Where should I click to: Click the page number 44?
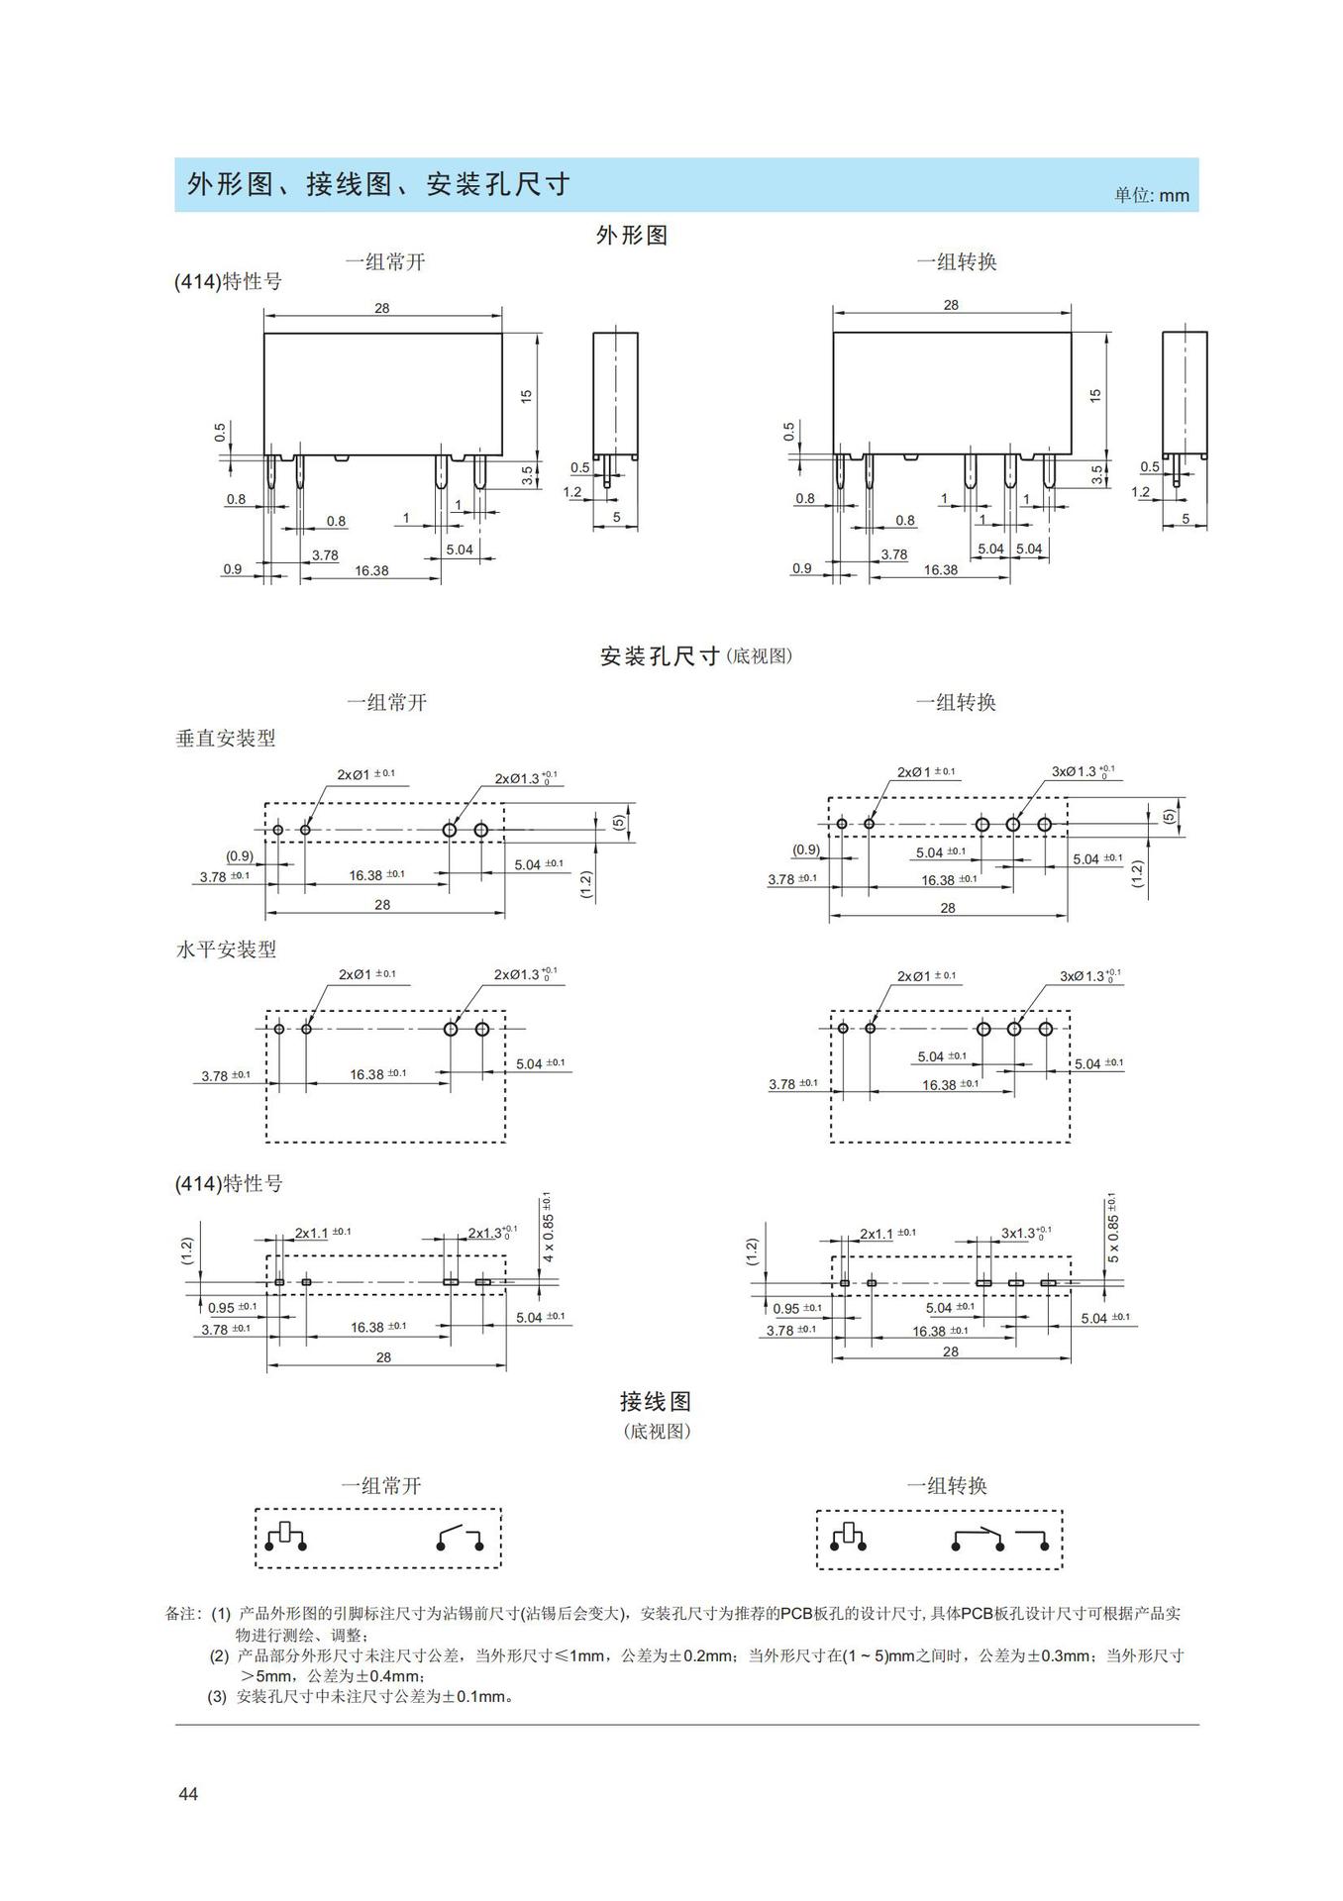(188, 1793)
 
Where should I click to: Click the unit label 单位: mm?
(1151, 195)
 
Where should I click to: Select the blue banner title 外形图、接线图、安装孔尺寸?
(378, 184)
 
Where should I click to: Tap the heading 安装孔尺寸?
(660, 656)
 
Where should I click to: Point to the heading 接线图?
(655, 1401)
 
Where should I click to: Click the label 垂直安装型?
(226, 738)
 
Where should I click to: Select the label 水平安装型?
(226, 949)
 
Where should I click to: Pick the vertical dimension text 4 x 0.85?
(548, 1228)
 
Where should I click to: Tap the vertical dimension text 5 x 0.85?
(1112, 1228)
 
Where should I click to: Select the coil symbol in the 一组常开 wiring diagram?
(286, 1536)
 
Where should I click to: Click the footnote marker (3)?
(217, 1696)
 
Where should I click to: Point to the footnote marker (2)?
(219, 1655)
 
